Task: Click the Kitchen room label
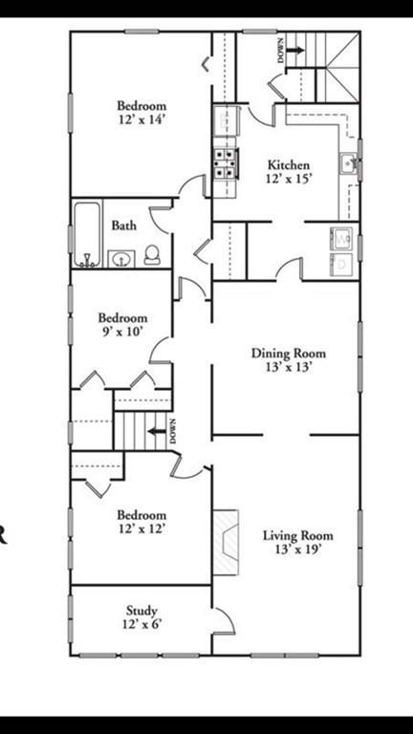coord(289,165)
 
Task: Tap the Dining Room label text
coord(289,353)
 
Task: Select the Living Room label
coord(298,535)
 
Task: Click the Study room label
coord(141,611)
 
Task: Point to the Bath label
coord(124,226)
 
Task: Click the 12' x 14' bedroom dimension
coord(141,119)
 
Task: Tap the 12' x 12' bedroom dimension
coord(141,529)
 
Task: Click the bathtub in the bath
coord(87,234)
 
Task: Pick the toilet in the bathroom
coord(152,255)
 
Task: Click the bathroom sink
coord(121,259)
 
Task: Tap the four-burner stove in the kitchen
coord(226,163)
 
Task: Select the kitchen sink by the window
coord(349,163)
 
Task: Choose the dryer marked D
coord(341,264)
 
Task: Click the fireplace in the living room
coord(226,543)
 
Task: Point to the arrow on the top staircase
coord(295,50)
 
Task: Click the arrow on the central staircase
coord(157,431)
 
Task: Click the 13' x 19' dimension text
coord(298,549)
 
